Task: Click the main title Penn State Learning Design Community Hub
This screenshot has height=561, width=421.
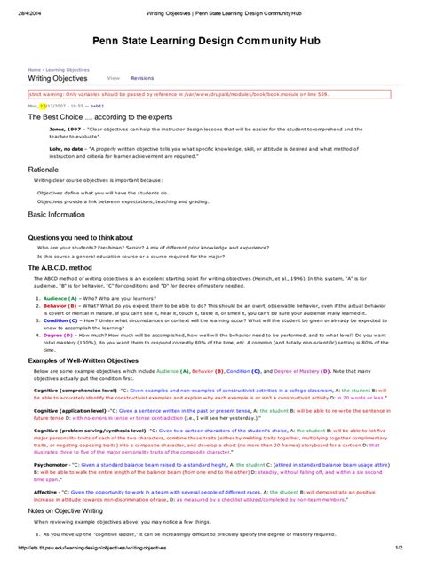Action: point(210,42)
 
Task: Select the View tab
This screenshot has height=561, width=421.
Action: point(114,78)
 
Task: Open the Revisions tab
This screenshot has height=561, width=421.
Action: point(142,78)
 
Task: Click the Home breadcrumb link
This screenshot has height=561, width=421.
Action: point(34,68)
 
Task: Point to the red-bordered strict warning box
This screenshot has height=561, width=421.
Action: point(210,92)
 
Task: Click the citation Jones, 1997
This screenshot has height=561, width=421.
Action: point(52,129)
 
